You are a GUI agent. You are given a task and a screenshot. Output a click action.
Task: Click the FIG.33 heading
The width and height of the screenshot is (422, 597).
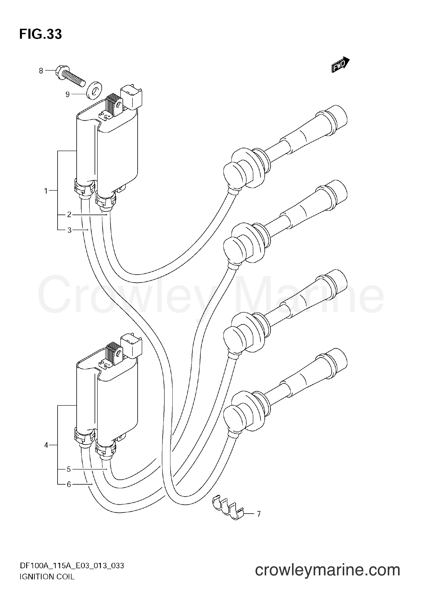point(40,34)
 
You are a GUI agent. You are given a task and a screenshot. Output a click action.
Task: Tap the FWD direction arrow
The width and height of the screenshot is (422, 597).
point(340,64)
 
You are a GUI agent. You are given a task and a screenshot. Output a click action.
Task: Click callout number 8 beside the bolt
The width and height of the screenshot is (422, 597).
point(41,71)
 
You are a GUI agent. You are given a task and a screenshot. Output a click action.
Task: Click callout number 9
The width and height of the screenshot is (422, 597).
point(68,94)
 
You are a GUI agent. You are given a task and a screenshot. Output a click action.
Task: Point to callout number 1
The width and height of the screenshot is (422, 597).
point(46,191)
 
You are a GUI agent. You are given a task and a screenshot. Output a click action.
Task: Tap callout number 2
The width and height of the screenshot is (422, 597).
point(69,215)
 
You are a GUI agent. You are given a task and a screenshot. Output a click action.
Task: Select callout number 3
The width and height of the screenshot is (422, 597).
point(69,230)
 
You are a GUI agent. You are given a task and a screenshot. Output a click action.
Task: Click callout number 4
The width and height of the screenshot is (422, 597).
point(46,445)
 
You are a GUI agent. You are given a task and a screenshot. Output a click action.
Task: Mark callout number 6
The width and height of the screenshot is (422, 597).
point(69,485)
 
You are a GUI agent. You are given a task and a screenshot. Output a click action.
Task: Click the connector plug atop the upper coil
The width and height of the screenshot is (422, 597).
point(132,97)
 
